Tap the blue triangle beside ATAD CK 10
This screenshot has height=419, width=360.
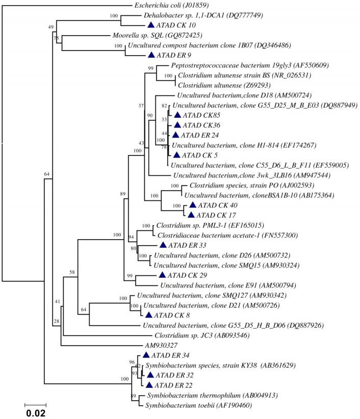click(150, 25)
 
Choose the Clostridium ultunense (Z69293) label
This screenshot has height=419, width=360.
click(217, 86)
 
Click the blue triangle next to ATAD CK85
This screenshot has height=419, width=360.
click(177, 115)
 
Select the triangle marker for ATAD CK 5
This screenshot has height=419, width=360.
click(177, 154)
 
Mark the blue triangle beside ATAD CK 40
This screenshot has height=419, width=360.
click(192, 205)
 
